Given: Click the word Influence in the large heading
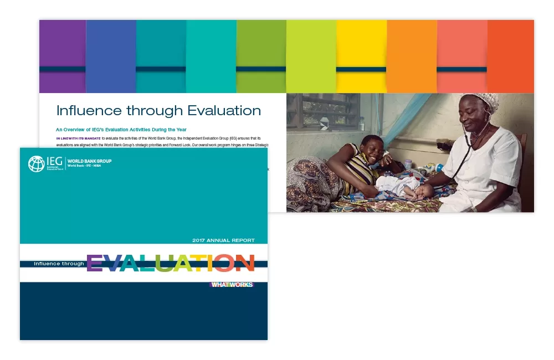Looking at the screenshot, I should [x=88, y=110].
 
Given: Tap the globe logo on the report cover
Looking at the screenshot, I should [x=37, y=164].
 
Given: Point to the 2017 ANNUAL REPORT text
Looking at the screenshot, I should [x=223, y=240].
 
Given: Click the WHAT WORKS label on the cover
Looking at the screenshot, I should [x=232, y=285].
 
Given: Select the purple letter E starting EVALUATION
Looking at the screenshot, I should [x=95, y=264].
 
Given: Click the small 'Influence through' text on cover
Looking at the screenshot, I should [x=59, y=264].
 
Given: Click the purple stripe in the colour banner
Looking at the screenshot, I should [x=62, y=55].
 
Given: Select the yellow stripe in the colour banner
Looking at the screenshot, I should [x=361, y=55].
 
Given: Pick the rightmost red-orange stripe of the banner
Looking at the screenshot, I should [x=510, y=55].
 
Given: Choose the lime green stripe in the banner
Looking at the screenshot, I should [x=311, y=55].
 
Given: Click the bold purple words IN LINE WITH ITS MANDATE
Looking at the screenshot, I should [x=78, y=137].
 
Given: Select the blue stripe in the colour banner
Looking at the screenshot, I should [x=111, y=55].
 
